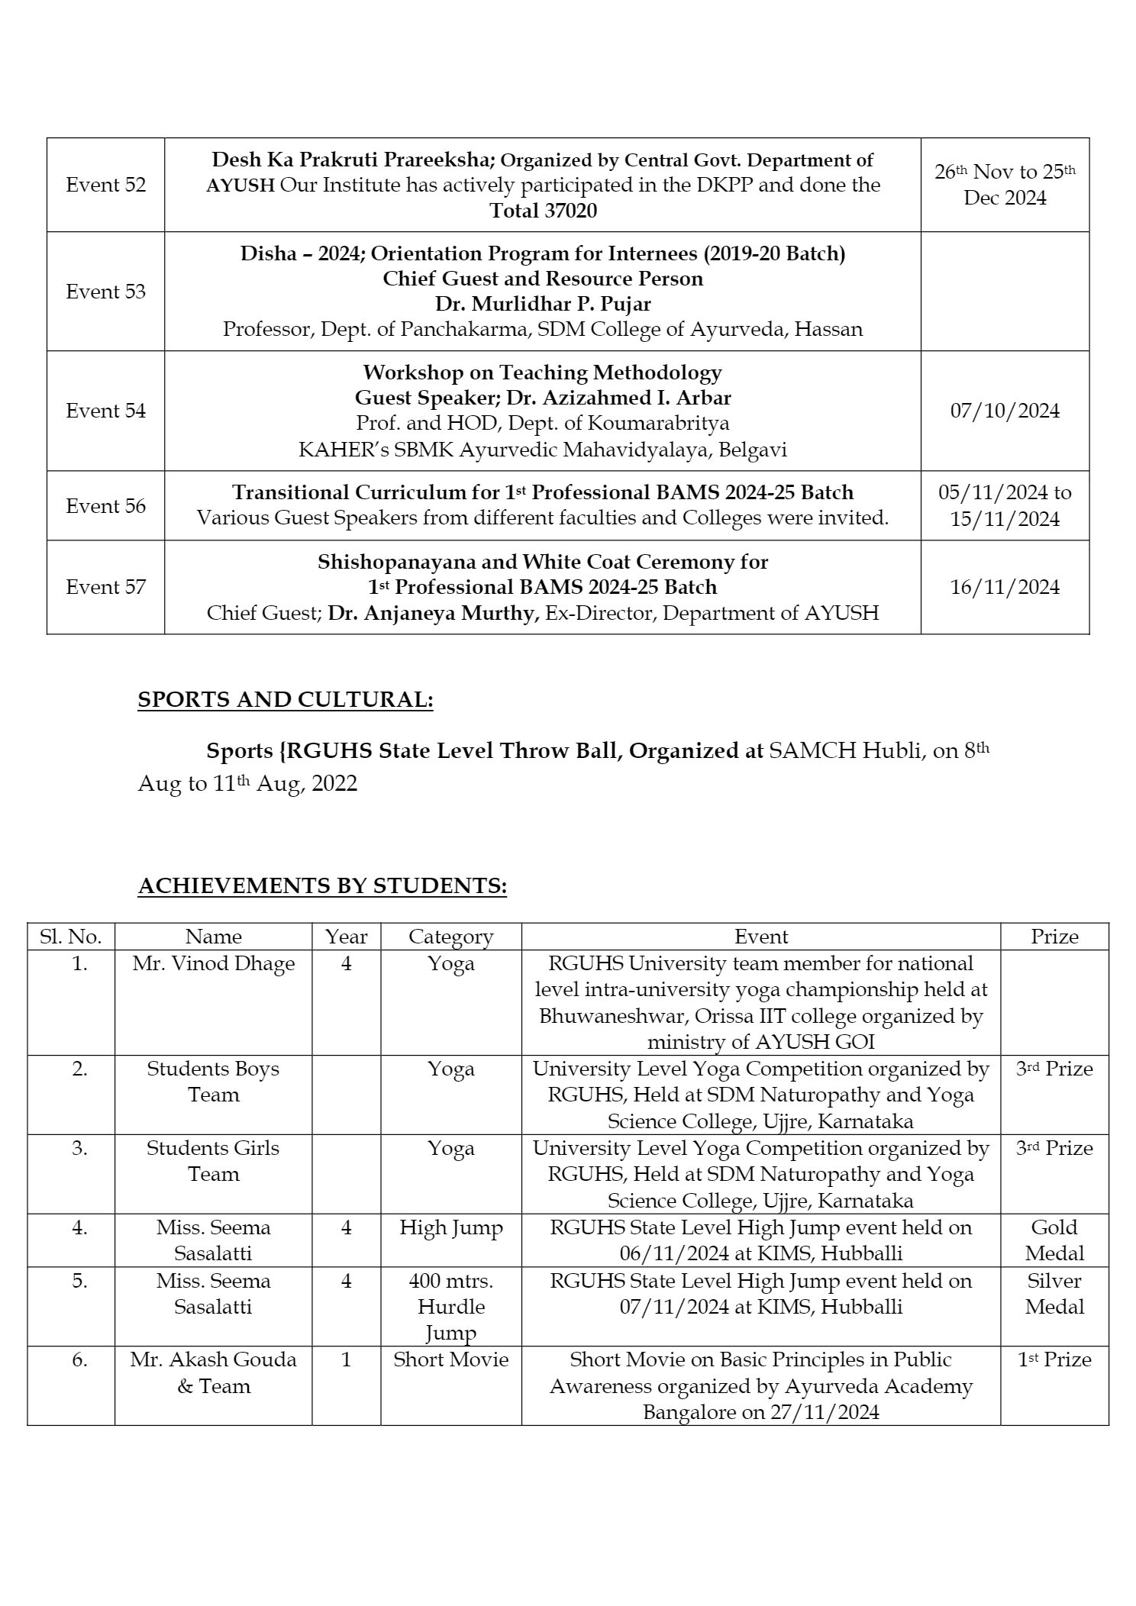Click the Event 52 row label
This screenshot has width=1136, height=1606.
[105, 185]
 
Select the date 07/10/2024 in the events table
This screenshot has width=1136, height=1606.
[1005, 411]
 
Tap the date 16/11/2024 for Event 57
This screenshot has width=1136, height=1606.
[1005, 587]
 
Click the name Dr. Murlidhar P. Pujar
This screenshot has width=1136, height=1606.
[543, 304]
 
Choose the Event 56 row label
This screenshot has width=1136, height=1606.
[105, 506]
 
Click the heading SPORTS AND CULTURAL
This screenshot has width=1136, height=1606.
[285, 700]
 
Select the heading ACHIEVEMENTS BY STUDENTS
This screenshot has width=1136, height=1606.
[322, 885]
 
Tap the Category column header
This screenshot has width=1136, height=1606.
[450, 937]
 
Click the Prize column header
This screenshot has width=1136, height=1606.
[1054, 937]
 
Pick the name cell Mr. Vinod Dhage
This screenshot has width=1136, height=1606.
[214, 963]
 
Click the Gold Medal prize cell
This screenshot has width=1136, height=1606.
[1054, 1240]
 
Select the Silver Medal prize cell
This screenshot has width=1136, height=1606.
[1054, 1294]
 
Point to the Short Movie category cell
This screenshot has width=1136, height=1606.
[450, 1359]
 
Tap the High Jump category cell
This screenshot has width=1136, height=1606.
[450, 1228]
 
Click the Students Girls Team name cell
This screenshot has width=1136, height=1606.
[213, 1161]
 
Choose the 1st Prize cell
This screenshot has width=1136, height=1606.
[1054, 1359]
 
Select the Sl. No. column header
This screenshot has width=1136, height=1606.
[70, 937]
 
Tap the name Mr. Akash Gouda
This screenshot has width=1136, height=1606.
[213, 1359]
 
